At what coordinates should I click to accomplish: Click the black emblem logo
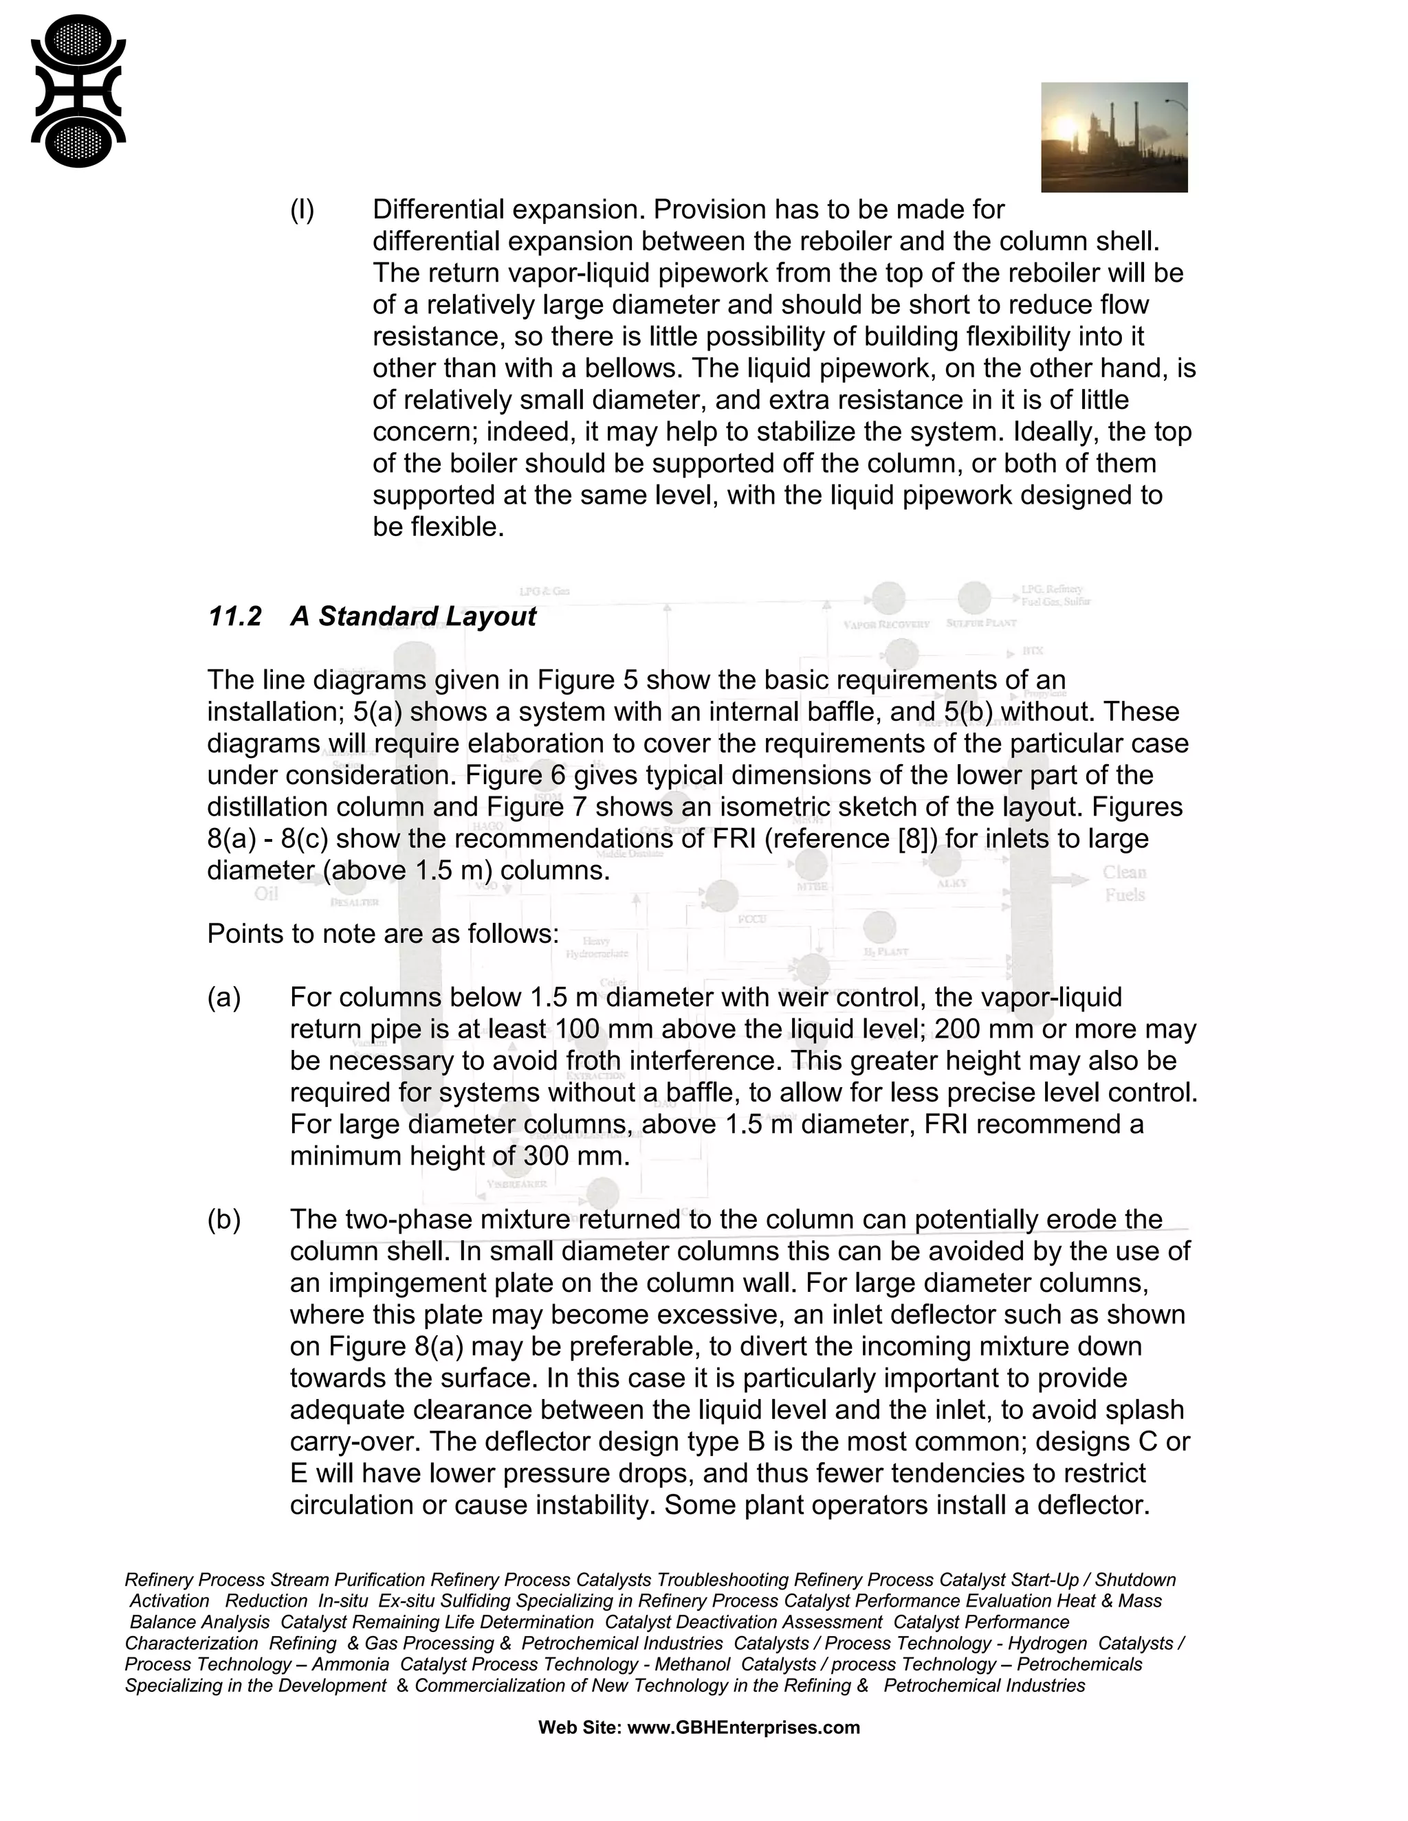(78, 91)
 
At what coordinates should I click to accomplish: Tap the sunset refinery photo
(1114, 137)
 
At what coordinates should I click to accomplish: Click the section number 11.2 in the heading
(234, 617)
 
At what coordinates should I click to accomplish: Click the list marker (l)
(302, 210)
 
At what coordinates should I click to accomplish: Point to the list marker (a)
(223, 998)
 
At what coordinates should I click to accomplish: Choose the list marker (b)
(223, 1220)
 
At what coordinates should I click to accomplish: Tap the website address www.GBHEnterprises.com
(743, 1728)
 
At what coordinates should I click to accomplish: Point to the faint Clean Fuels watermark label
(1124, 884)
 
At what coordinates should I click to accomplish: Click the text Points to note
(291, 934)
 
